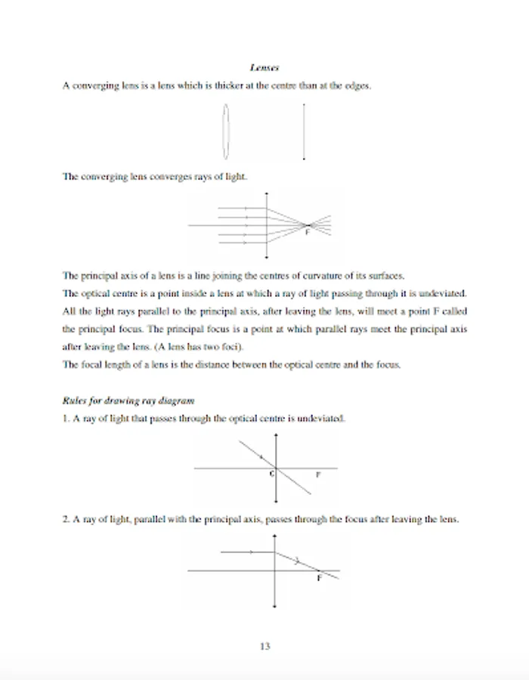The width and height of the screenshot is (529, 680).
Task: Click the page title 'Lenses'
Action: [x=264, y=68]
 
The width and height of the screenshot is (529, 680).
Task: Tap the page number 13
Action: [x=264, y=646]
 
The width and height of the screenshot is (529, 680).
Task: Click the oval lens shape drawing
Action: [x=225, y=131]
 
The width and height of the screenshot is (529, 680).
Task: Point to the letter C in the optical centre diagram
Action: [x=271, y=474]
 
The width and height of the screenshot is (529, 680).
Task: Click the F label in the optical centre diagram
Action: [x=317, y=474]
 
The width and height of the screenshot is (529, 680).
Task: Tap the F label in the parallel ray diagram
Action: [x=319, y=578]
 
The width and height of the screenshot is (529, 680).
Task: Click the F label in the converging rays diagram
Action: [x=307, y=233]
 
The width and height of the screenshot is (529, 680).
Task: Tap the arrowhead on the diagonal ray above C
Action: [x=260, y=456]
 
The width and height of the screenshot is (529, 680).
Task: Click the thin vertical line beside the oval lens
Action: [x=304, y=131]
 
